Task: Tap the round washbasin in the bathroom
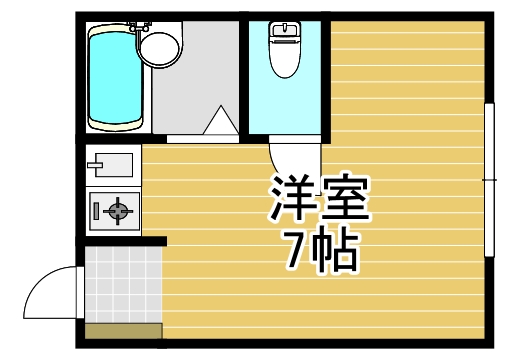pos(157,46)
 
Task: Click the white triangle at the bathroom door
pos(219,124)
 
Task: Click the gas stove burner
pos(119,211)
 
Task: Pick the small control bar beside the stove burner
pos(96,211)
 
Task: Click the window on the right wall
pos(489,180)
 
